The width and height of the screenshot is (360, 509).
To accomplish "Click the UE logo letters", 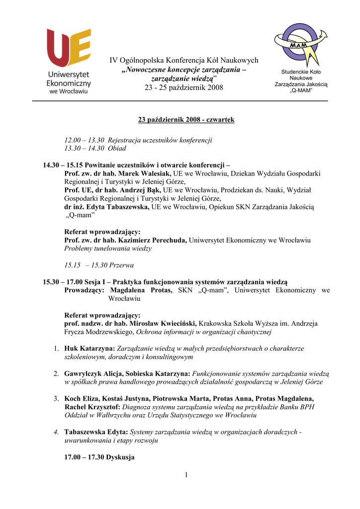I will tap(69, 48).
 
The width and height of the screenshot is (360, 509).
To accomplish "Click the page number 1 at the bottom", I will tap(186, 476).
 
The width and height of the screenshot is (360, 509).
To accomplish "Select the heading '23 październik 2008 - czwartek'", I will tap(186, 120).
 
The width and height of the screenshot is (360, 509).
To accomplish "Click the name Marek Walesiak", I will tap(145, 173).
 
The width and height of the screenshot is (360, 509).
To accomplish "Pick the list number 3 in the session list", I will tap(57, 399).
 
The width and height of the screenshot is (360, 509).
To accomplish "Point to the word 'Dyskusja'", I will tap(120, 457).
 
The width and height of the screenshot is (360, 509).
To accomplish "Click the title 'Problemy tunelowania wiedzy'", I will tap(108, 248).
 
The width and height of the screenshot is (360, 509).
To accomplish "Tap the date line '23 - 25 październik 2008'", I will tap(184, 87).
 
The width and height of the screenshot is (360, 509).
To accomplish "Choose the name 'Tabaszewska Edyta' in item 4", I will tap(95, 432).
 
